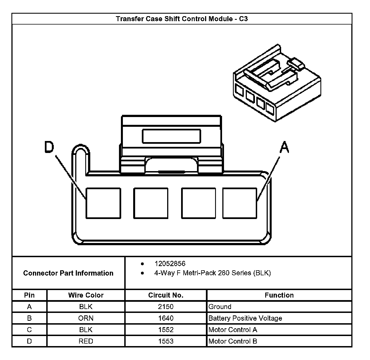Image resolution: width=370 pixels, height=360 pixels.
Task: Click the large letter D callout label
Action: coord(49,147)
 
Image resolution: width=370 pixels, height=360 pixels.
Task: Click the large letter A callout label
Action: coord(284,147)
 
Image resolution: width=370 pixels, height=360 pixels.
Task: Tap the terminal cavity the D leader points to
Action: coord(103,203)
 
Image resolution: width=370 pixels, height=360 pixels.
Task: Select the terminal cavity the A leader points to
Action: coord(240,203)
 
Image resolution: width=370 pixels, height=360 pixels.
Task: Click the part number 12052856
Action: coord(170,264)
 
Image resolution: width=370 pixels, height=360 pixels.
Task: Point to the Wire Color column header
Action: coord(86,295)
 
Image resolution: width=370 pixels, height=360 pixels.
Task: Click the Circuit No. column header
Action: coord(166,295)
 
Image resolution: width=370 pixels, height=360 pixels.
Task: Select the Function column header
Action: coord(279,295)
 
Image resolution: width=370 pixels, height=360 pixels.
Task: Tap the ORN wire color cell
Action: coord(86,318)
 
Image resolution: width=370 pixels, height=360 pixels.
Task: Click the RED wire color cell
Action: coord(86,341)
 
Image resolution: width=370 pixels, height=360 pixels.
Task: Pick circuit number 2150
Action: coord(166,307)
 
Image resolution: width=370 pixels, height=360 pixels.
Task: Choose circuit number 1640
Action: coord(166,318)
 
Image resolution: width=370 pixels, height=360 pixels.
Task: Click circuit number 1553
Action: coord(166,341)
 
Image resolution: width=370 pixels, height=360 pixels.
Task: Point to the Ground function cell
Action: coord(220,307)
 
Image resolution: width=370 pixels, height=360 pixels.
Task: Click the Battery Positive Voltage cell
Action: coord(245,318)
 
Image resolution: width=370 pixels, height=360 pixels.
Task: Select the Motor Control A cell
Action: coord(233,330)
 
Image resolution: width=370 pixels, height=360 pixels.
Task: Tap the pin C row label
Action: coord(29,330)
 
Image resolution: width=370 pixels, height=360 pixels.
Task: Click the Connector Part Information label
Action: coord(68,273)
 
